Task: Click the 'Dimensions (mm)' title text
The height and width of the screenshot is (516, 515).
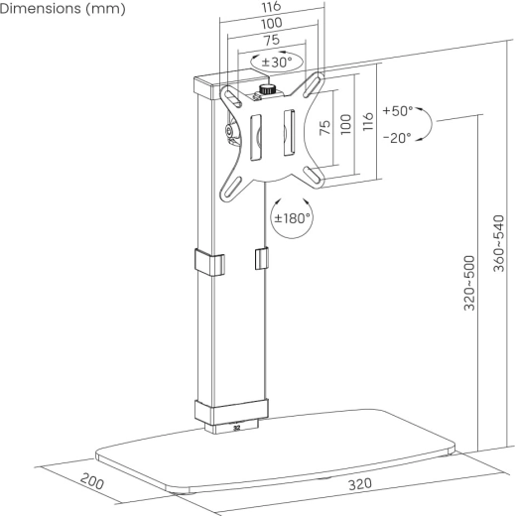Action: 63,9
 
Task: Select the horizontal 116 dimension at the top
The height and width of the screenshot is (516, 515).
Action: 272,7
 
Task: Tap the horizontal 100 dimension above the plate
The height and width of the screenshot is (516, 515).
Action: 272,24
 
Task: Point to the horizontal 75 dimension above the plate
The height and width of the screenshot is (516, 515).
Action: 272,41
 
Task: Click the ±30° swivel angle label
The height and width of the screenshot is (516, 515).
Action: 277,62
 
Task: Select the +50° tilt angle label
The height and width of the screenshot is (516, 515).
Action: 398,111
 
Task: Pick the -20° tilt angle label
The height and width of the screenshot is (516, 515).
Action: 397,138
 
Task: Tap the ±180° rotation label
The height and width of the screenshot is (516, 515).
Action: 293,218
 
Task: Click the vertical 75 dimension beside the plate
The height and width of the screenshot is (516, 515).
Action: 325,127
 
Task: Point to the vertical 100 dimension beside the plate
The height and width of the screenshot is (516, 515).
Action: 345,124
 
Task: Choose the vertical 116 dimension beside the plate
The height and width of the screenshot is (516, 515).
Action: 368,121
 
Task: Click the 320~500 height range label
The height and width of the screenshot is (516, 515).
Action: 469,283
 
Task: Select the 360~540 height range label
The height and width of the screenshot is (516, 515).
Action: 499,243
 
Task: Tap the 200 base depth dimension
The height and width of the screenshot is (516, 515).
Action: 92,481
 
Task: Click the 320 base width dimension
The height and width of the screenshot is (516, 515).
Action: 360,484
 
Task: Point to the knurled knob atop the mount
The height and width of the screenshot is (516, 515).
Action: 267,89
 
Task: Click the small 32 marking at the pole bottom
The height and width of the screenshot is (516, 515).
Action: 236,428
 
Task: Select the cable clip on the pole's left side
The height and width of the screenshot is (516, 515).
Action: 209,262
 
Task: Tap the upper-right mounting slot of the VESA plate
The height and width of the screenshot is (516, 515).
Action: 314,85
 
